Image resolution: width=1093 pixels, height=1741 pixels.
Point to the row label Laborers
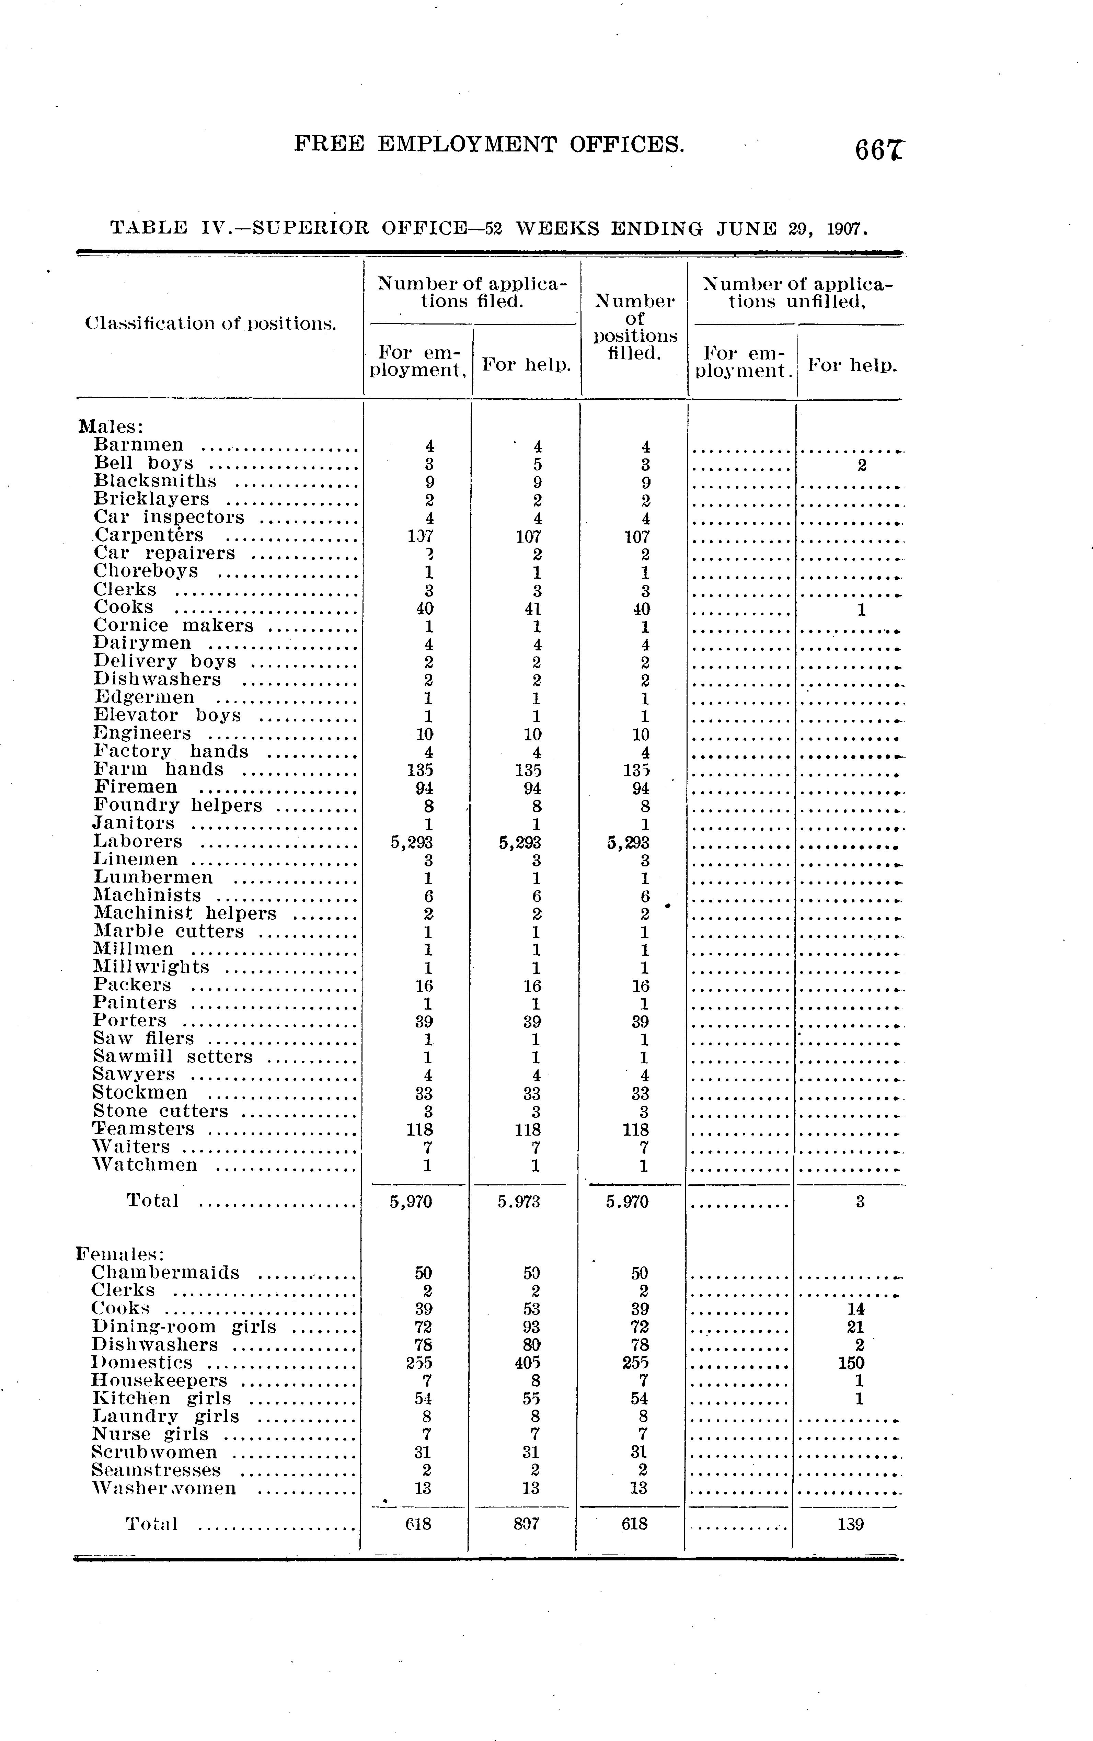coord(137,842)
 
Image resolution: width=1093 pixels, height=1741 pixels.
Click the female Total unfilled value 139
coord(850,1524)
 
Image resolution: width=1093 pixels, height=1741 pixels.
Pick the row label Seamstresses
coord(156,1470)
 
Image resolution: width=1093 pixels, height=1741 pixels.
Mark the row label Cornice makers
coord(173,625)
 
